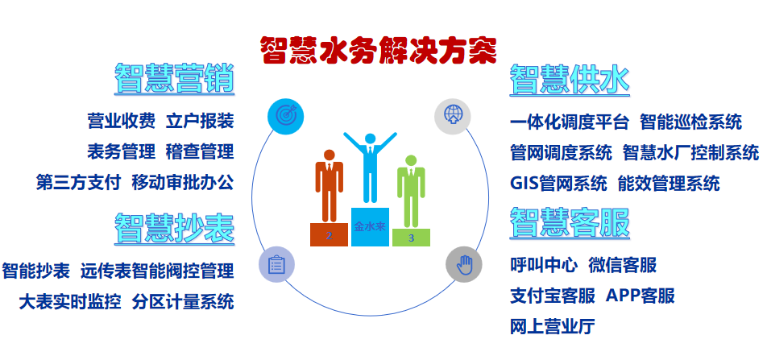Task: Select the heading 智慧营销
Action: pyautogui.click(x=174, y=79)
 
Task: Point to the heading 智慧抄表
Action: pyautogui.click(x=174, y=227)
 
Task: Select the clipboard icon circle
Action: pyautogui.click(x=276, y=265)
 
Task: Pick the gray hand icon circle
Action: pyautogui.click(x=463, y=264)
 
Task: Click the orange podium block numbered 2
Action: pyautogui.click(x=330, y=234)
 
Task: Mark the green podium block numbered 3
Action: pyautogui.click(x=411, y=238)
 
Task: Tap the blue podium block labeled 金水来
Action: pyautogui.click(x=370, y=227)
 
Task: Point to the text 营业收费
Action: pyautogui.click(x=121, y=122)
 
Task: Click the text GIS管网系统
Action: pyautogui.click(x=558, y=183)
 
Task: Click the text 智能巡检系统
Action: pyautogui.click(x=690, y=122)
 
